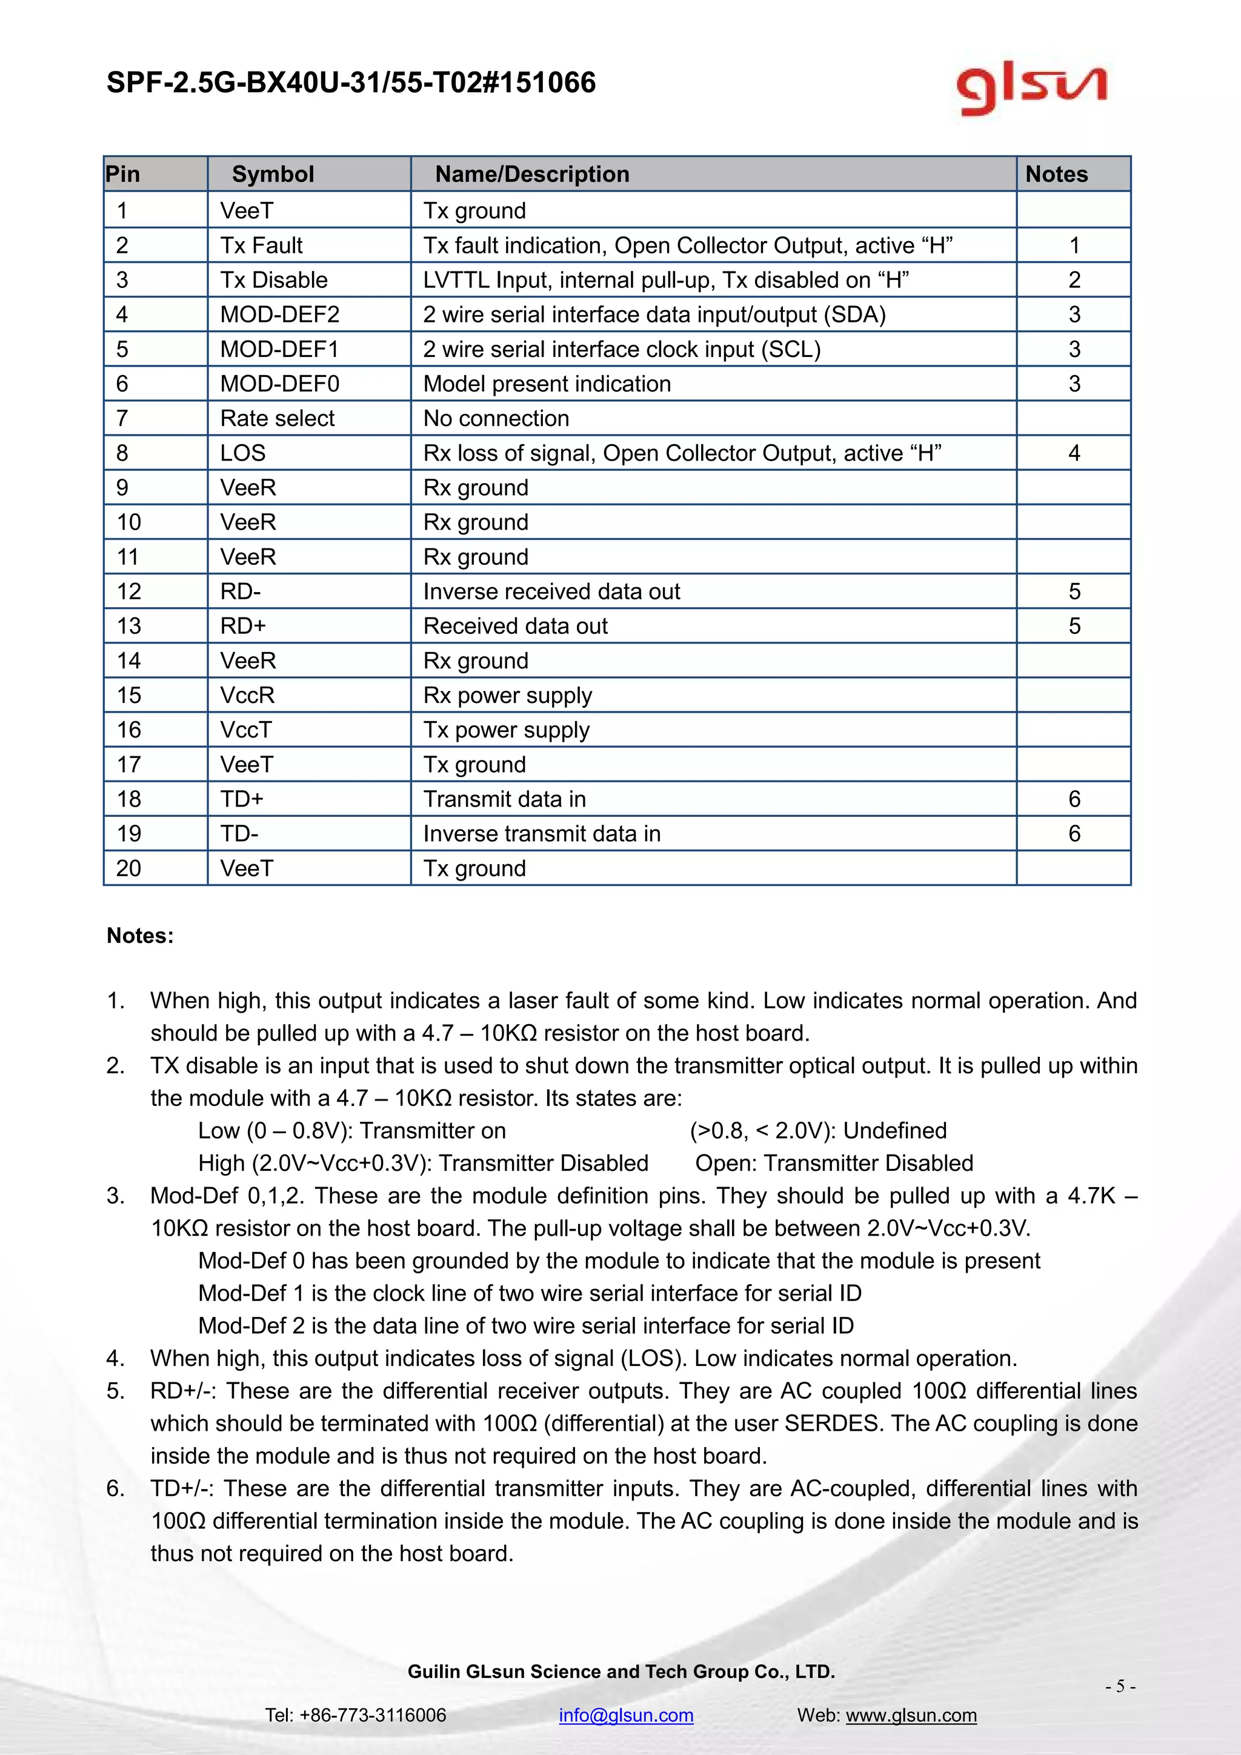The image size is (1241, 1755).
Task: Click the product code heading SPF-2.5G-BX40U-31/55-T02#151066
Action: pos(351,82)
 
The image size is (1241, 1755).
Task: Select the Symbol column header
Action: pos(273,175)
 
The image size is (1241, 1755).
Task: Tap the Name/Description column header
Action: pos(532,175)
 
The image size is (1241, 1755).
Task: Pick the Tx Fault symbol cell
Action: pos(261,245)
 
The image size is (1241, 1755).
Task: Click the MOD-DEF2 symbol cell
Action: pos(280,314)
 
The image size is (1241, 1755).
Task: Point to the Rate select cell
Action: pos(278,418)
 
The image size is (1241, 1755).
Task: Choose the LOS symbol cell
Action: pos(243,453)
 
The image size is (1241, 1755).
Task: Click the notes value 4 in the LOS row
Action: pos(1074,453)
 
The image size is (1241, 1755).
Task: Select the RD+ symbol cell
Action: pos(243,626)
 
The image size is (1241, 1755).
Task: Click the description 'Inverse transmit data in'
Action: pos(542,833)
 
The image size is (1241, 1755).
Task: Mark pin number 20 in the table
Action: pos(128,868)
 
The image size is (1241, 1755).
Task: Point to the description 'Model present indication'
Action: pos(547,384)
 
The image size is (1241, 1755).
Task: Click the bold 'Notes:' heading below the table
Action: pos(140,936)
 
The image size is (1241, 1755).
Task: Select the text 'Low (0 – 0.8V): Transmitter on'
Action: pos(351,1130)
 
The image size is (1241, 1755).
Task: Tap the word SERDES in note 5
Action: pos(834,1424)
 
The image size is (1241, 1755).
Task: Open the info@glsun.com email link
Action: pos(626,1714)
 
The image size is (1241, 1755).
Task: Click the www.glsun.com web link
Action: pos(911,1714)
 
